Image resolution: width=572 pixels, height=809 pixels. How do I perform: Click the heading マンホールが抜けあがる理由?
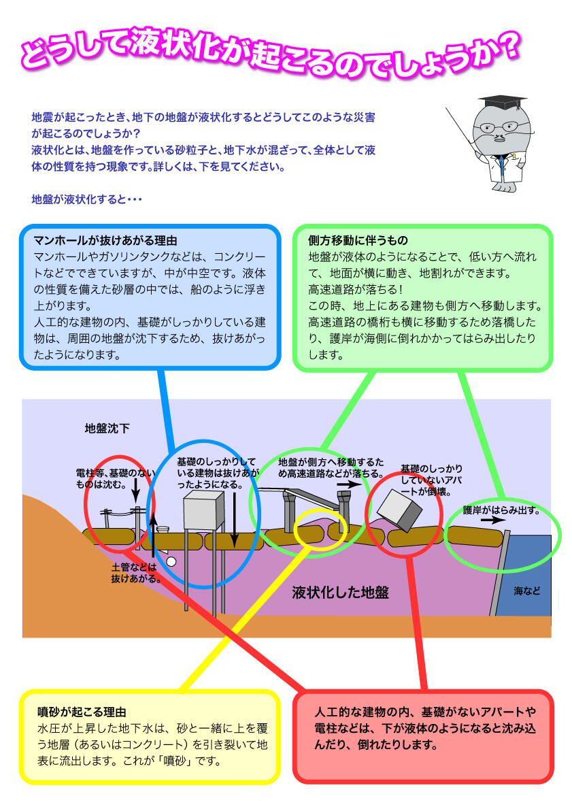click(105, 240)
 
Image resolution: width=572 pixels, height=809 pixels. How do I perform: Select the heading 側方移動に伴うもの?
click(358, 240)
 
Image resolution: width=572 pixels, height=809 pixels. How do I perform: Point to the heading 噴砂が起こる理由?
click(82, 712)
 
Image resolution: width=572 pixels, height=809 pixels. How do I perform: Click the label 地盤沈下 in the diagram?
click(107, 428)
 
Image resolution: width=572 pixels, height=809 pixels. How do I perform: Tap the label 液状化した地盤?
click(341, 593)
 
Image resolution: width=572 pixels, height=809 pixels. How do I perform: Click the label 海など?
click(527, 591)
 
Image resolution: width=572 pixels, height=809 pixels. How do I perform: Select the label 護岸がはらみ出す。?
click(501, 510)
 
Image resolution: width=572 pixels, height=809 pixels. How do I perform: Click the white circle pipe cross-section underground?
click(171, 561)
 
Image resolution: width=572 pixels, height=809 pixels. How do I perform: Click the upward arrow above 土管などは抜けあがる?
click(153, 535)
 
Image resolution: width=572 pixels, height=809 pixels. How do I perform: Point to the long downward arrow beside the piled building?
click(234, 520)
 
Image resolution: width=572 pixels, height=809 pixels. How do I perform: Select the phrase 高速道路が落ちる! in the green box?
click(356, 289)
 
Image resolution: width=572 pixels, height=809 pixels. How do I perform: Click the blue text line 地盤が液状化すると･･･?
click(86, 199)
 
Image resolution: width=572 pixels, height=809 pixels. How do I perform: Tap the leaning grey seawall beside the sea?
click(499, 573)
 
